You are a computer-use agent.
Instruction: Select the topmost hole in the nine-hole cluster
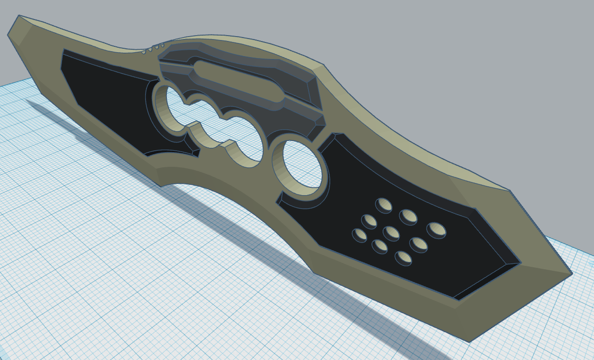click(384, 205)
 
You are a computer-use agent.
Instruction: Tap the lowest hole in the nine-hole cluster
click(403, 258)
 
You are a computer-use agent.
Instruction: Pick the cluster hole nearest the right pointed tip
click(436, 230)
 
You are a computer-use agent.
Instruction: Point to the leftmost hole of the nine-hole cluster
click(360, 235)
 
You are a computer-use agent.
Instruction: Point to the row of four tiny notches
click(153, 49)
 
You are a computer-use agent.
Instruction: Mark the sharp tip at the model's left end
click(9, 35)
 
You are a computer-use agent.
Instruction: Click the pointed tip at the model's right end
click(571, 274)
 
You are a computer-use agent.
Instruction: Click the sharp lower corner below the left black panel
click(161, 186)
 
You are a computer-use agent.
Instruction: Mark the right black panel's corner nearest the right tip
click(520, 263)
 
